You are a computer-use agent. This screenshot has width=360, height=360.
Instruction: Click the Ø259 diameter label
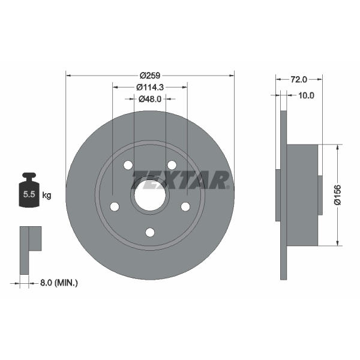[150, 76]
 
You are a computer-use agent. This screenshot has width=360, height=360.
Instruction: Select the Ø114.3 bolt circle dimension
[150, 87]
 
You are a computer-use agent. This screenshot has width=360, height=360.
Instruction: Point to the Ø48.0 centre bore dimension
[150, 99]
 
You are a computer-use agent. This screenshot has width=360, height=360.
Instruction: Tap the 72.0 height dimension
[299, 79]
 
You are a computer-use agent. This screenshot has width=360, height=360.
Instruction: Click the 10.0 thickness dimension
[306, 95]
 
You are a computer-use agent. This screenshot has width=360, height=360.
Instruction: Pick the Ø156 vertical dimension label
[337, 194]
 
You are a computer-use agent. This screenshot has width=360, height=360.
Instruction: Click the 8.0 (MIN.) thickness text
[59, 283]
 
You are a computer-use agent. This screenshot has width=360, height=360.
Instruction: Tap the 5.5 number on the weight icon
[29, 194]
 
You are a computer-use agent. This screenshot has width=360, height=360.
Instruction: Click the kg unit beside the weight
[47, 196]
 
